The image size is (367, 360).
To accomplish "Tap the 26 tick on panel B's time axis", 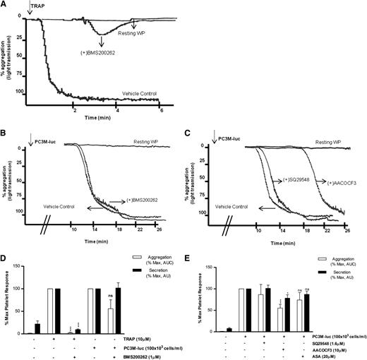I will pos(169,229).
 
